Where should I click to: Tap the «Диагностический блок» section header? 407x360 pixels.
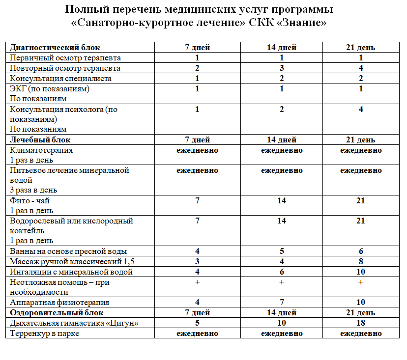(55, 48)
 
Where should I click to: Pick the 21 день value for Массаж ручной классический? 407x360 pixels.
(361, 262)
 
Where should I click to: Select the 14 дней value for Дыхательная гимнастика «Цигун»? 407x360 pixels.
(282, 323)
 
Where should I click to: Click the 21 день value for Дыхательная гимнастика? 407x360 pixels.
(361, 323)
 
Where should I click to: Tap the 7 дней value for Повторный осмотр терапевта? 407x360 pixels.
(197, 68)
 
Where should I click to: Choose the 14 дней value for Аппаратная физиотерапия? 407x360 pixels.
(282, 303)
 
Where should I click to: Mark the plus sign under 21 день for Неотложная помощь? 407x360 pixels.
(361, 282)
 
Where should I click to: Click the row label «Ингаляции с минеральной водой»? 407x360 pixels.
(71, 272)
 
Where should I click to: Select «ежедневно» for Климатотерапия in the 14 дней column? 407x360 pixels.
(282, 150)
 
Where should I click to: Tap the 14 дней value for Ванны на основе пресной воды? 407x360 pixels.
(282, 251)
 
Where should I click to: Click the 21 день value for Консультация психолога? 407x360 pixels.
(361, 110)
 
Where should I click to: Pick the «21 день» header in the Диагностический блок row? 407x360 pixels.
(361, 48)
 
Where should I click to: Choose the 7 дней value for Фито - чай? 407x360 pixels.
(197, 201)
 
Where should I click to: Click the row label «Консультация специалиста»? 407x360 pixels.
(60, 79)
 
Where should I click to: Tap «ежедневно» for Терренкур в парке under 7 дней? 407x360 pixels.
(197, 333)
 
